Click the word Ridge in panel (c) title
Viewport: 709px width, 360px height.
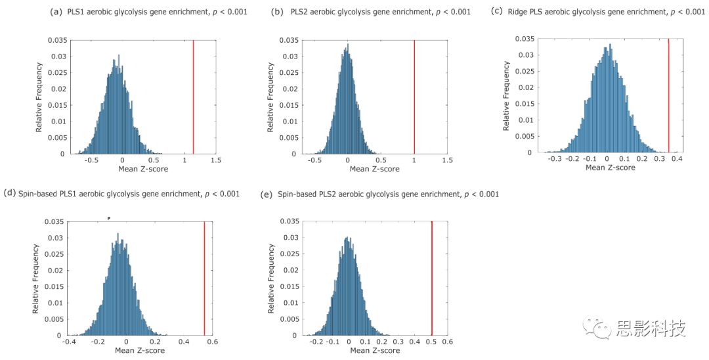click(x=517, y=11)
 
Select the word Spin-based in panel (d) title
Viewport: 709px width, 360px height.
click(x=38, y=194)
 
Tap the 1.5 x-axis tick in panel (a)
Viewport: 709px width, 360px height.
click(x=215, y=160)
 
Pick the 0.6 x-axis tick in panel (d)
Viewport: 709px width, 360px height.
click(x=213, y=342)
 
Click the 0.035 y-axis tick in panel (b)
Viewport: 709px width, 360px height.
click(x=288, y=40)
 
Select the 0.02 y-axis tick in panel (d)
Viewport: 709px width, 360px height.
click(x=56, y=270)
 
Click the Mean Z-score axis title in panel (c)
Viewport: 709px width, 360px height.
click(x=611, y=168)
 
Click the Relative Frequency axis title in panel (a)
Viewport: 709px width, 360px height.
click(x=39, y=97)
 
